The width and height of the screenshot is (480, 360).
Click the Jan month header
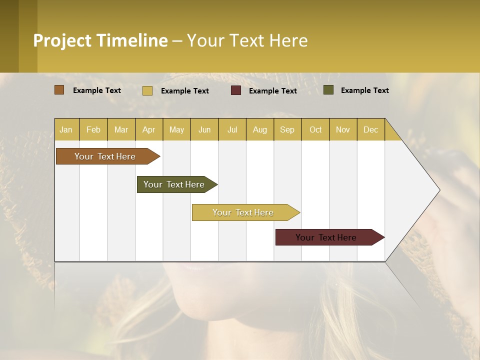(x=66, y=129)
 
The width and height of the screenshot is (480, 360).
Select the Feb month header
(x=93, y=129)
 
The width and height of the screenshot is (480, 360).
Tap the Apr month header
(x=148, y=129)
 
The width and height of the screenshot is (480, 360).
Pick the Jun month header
(x=204, y=129)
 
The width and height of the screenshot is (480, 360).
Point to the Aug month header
(x=259, y=129)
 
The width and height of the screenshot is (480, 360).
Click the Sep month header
(x=287, y=129)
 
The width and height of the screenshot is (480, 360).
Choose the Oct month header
(x=315, y=129)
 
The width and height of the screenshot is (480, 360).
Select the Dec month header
(x=370, y=129)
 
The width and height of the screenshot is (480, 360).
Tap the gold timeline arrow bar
(x=243, y=212)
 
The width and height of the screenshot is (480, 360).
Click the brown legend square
(x=59, y=90)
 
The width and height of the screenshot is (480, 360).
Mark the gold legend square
(x=147, y=90)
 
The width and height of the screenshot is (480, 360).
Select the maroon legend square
(x=236, y=90)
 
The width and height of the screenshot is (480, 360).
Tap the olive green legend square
(x=328, y=90)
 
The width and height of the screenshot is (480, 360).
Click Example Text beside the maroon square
(x=273, y=90)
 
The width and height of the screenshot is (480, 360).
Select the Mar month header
(x=121, y=129)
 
